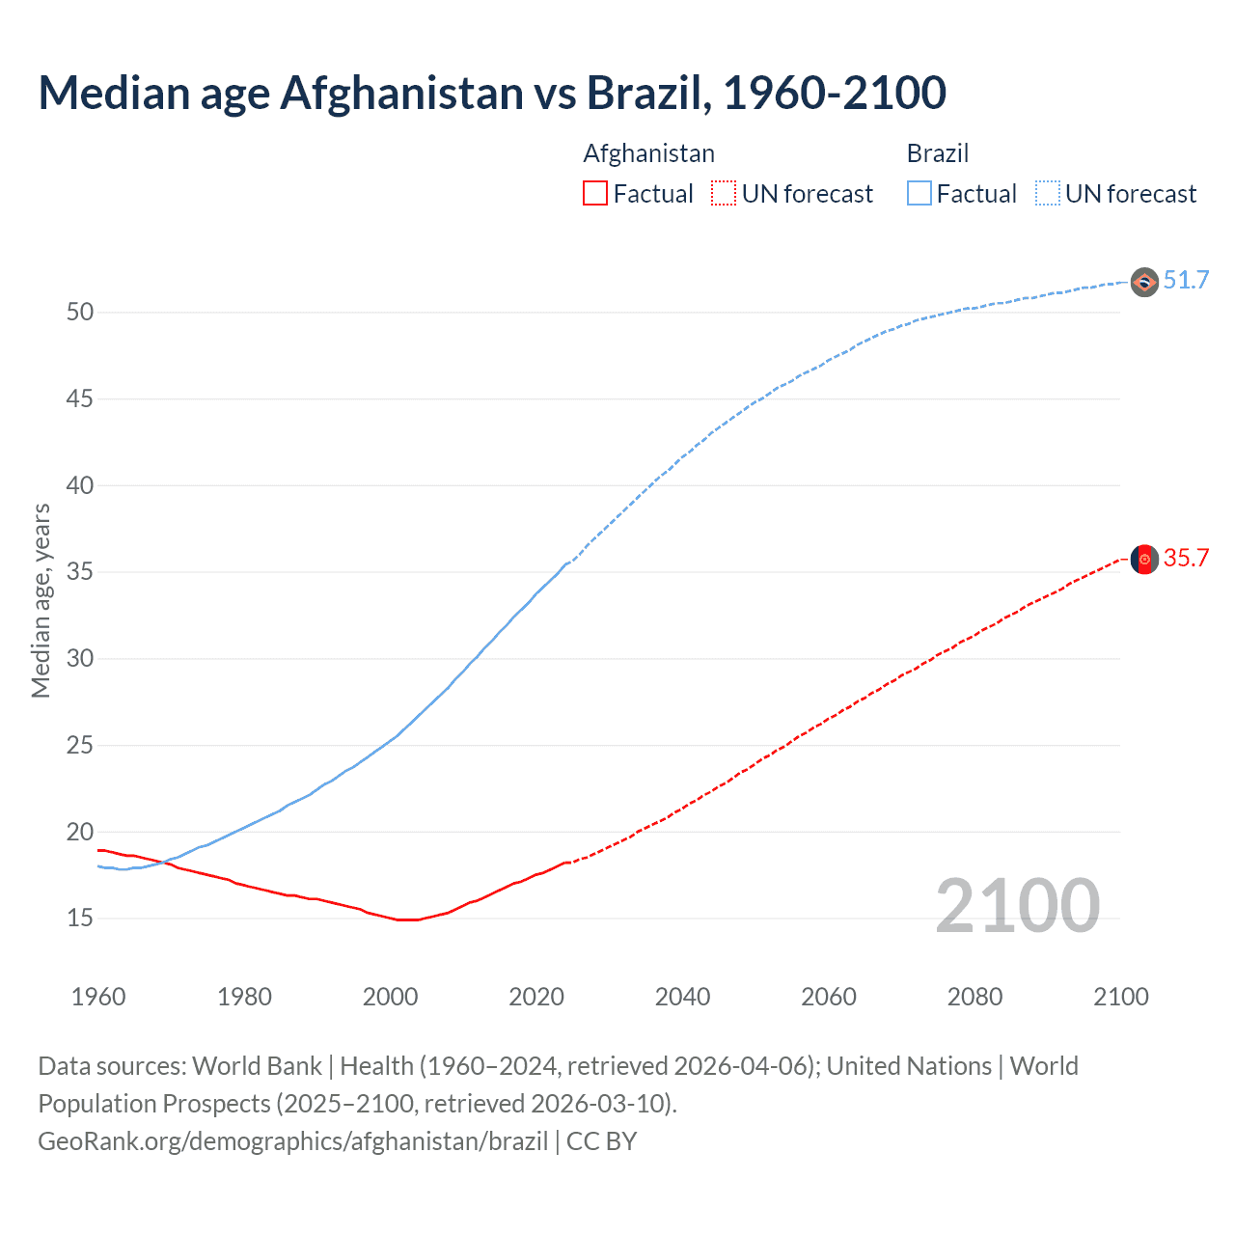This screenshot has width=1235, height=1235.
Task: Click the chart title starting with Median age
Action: pyautogui.click(x=492, y=93)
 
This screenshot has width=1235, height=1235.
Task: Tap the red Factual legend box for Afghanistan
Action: pyautogui.click(x=595, y=194)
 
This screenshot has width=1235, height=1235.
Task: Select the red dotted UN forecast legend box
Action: pyautogui.click(x=724, y=194)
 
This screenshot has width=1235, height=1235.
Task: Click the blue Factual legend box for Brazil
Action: pyautogui.click(x=919, y=194)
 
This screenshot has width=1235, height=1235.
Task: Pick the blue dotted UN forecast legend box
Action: pyautogui.click(x=1047, y=194)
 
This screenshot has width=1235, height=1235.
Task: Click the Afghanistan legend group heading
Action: pyautogui.click(x=648, y=153)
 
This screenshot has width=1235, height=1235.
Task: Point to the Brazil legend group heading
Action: pyautogui.click(x=937, y=153)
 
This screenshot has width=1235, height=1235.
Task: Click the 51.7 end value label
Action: pyautogui.click(x=1186, y=281)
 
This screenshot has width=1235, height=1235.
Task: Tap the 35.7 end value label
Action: pyautogui.click(x=1186, y=559)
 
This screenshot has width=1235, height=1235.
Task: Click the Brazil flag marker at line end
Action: pyautogui.click(x=1144, y=283)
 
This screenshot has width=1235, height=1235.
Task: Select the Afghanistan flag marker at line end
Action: pyautogui.click(x=1144, y=560)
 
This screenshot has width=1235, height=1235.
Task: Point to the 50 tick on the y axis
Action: pyautogui.click(x=80, y=312)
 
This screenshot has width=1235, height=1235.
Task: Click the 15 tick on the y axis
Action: pyautogui.click(x=80, y=919)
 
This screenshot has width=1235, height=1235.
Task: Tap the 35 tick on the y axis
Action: pyautogui.click(x=80, y=572)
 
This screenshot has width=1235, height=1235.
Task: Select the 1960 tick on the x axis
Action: pyautogui.click(x=98, y=997)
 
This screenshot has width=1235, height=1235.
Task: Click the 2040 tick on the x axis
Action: pyautogui.click(x=682, y=997)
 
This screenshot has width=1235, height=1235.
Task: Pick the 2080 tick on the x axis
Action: pyautogui.click(x=974, y=997)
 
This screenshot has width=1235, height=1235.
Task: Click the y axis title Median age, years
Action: pyautogui.click(x=41, y=600)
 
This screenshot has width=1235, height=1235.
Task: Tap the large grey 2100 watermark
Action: pyautogui.click(x=1017, y=906)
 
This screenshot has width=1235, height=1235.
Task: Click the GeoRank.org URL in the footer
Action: pyautogui.click(x=292, y=1141)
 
